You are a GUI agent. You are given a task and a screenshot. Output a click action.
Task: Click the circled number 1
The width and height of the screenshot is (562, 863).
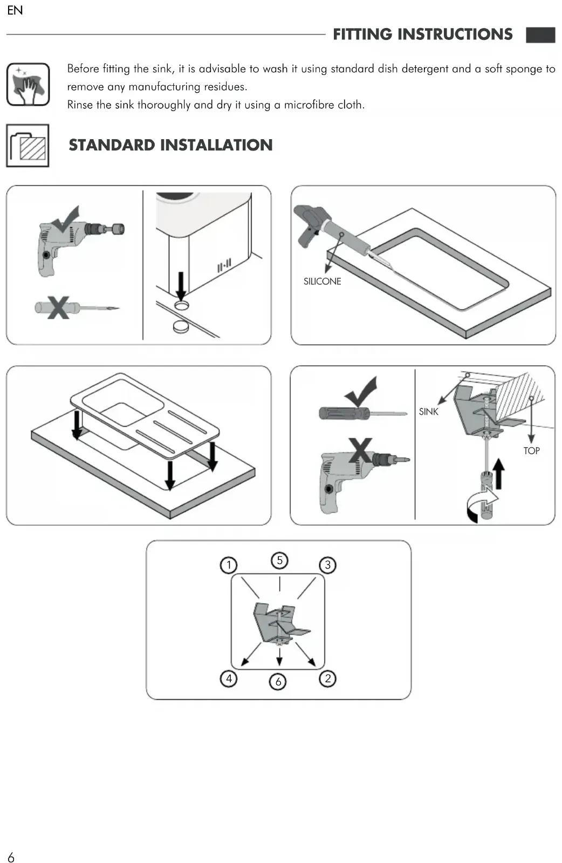pos(229,565)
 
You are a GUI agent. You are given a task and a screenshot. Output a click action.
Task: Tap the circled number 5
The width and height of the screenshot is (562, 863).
pos(279,560)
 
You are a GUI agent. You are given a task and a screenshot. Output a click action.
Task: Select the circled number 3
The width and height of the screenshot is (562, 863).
pos(327,565)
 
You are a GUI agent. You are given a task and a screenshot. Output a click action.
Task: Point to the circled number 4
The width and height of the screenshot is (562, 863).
pos(229,678)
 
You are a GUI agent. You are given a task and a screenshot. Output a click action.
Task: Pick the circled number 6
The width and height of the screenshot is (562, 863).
pos(278,682)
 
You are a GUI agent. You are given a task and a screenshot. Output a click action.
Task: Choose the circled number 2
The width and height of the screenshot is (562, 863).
pos(327,678)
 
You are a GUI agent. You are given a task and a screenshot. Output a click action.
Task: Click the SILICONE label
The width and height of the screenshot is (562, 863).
pos(322,281)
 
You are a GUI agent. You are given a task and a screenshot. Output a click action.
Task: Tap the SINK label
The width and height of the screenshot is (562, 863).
pos(429,412)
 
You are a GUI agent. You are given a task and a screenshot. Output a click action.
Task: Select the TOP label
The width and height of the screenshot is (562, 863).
pos(531,450)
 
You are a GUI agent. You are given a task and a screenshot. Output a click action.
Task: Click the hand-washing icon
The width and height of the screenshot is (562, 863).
pos(28,84)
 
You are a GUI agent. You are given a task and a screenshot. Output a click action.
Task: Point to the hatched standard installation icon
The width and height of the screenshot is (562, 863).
pos(28,146)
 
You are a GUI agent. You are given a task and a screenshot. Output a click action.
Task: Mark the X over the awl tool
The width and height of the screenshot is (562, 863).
pos(58,307)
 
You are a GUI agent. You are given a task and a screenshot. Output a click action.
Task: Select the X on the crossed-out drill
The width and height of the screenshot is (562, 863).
pos(360,450)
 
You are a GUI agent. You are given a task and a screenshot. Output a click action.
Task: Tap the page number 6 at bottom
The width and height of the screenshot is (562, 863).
pos(11,857)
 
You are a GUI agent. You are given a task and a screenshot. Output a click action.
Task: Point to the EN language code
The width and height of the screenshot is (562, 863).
pos(15,10)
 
